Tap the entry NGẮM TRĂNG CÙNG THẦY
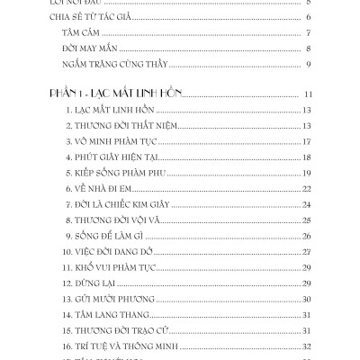pos(116,64)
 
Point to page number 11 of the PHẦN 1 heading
pos(307,94)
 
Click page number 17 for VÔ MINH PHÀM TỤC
pos(307,142)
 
